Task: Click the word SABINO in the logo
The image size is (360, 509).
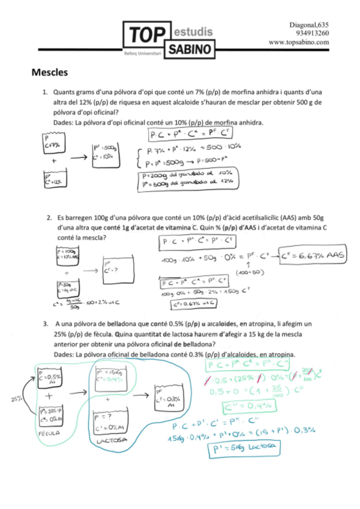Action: pyautogui.click(x=190, y=47)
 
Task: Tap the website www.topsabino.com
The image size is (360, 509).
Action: pyautogui.click(x=299, y=42)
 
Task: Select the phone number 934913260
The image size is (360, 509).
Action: pyautogui.click(x=313, y=33)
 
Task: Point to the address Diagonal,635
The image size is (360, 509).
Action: pyautogui.click(x=309, y=24)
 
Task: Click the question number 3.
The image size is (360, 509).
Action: pyautogui.click(x=44, y=324)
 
